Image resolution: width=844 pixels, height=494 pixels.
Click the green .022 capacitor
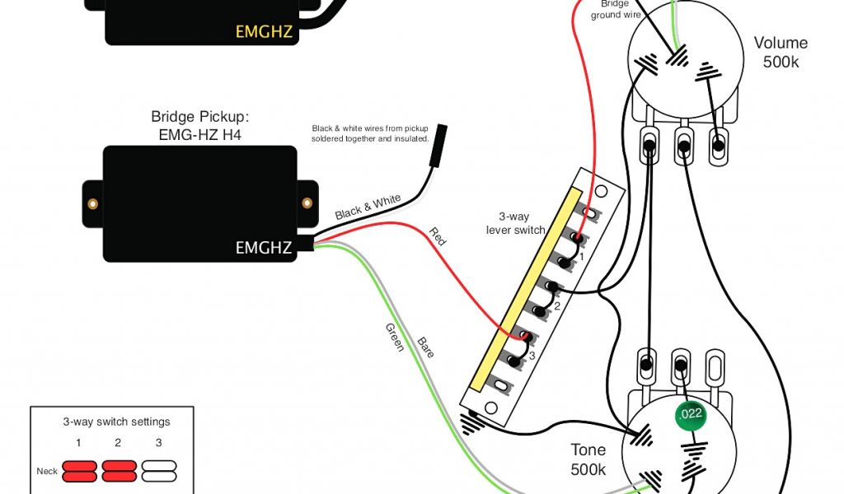pyautogui.click(x=690, y=414)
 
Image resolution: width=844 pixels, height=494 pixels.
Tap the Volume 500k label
pyautogui.click(x=780, y=53)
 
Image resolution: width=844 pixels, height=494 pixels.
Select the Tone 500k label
pyautogui.click(x=588, y=459)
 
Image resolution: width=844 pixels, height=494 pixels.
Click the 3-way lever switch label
pyautogui.click(x=516, y=223)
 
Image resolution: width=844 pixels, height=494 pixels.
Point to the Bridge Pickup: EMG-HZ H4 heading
pyautogui.click(x=199, y=124)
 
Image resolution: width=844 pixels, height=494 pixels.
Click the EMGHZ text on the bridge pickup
pyautogui.click(x=264, y=247)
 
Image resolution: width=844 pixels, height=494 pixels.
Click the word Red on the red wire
pyautogui.click(x=438, y=237)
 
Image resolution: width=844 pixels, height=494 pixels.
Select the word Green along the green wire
pyautogui.click(x=394, y=338)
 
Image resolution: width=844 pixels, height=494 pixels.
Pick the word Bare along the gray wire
pyautogui.click(x=425, y=347)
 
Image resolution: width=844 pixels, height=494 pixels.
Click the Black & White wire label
pyautogui.click(x=368, y=207)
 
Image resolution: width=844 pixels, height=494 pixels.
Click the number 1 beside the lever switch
pyautogui.click(x=580, y=257)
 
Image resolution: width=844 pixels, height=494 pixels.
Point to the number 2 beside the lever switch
pyautogui.click(x=556, y=306)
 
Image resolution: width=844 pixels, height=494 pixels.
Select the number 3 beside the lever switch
pyautogui.click(x=532, y=356)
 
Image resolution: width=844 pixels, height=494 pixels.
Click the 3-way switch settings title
pyautogui.click(x=116, y=422)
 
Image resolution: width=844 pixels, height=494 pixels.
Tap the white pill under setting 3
pyautogui.click(x=159, y=471)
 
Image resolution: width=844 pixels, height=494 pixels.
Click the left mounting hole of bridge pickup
pyautogui.click(x=94, y=203)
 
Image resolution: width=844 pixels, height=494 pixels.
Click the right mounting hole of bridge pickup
pyautogui.click(x=307, y=203)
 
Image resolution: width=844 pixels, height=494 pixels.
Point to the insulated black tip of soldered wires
pyautogui.click(x=442, y=135)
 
